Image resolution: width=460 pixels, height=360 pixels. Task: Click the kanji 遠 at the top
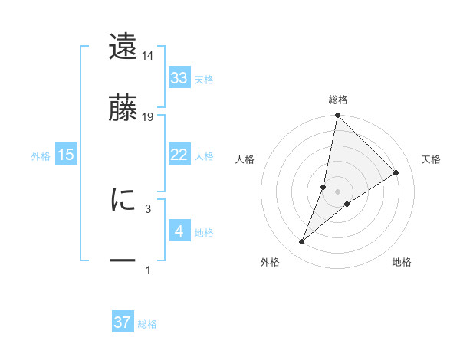pyautogui.click(x=123, y=47)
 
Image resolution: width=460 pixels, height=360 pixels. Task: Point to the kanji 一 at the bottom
pyautogui.click(x=123, y=260)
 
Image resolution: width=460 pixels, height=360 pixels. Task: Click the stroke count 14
pyautogui.click(x=148, y=56)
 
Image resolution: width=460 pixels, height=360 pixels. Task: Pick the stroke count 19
pyautogui.click(x=148, y=117)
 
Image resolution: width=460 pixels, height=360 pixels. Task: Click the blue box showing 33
pyautogui.click(x=179, y=78)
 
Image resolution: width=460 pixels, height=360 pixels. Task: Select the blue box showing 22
pyautogui.click(x=179, y=155)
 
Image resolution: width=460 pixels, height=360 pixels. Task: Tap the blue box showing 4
pyautogui.click(x=179, y=231)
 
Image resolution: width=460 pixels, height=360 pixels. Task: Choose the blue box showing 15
pyautogui.click(x=66, y=155)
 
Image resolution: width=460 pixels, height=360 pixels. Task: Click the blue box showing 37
pyautogui.click(x=123, y=322)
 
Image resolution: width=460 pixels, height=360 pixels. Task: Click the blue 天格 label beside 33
pyautogui.click(x=204, y=80)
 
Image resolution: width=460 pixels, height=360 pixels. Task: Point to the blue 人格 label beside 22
pyautogui.click(x=204, y=156)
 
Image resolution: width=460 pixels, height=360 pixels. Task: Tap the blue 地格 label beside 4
pyautogui.click(x=204, y=233)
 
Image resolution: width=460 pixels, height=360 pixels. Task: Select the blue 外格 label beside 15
pyautogui.click(x=41, y=156)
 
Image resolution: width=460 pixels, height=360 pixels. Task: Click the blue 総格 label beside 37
pyautogui.click(x=147, y=324)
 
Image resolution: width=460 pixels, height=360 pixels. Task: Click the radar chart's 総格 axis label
pyautogui.click(x=338, y=100)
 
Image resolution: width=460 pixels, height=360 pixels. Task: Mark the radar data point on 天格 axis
pyautogui.click(x=396, y=173)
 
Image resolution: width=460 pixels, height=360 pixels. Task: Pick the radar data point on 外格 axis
pyautogui.click(x=302, y=242)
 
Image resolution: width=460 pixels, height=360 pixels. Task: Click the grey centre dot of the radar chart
pyautogui.click(x=338, y=191)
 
